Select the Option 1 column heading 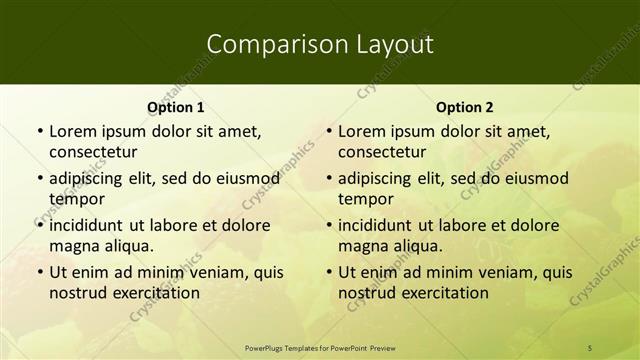point(176,107)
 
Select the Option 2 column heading point(465,107)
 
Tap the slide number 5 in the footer point(590,347)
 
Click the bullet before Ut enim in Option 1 point(38,272)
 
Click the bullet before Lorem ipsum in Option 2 point(327,131)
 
